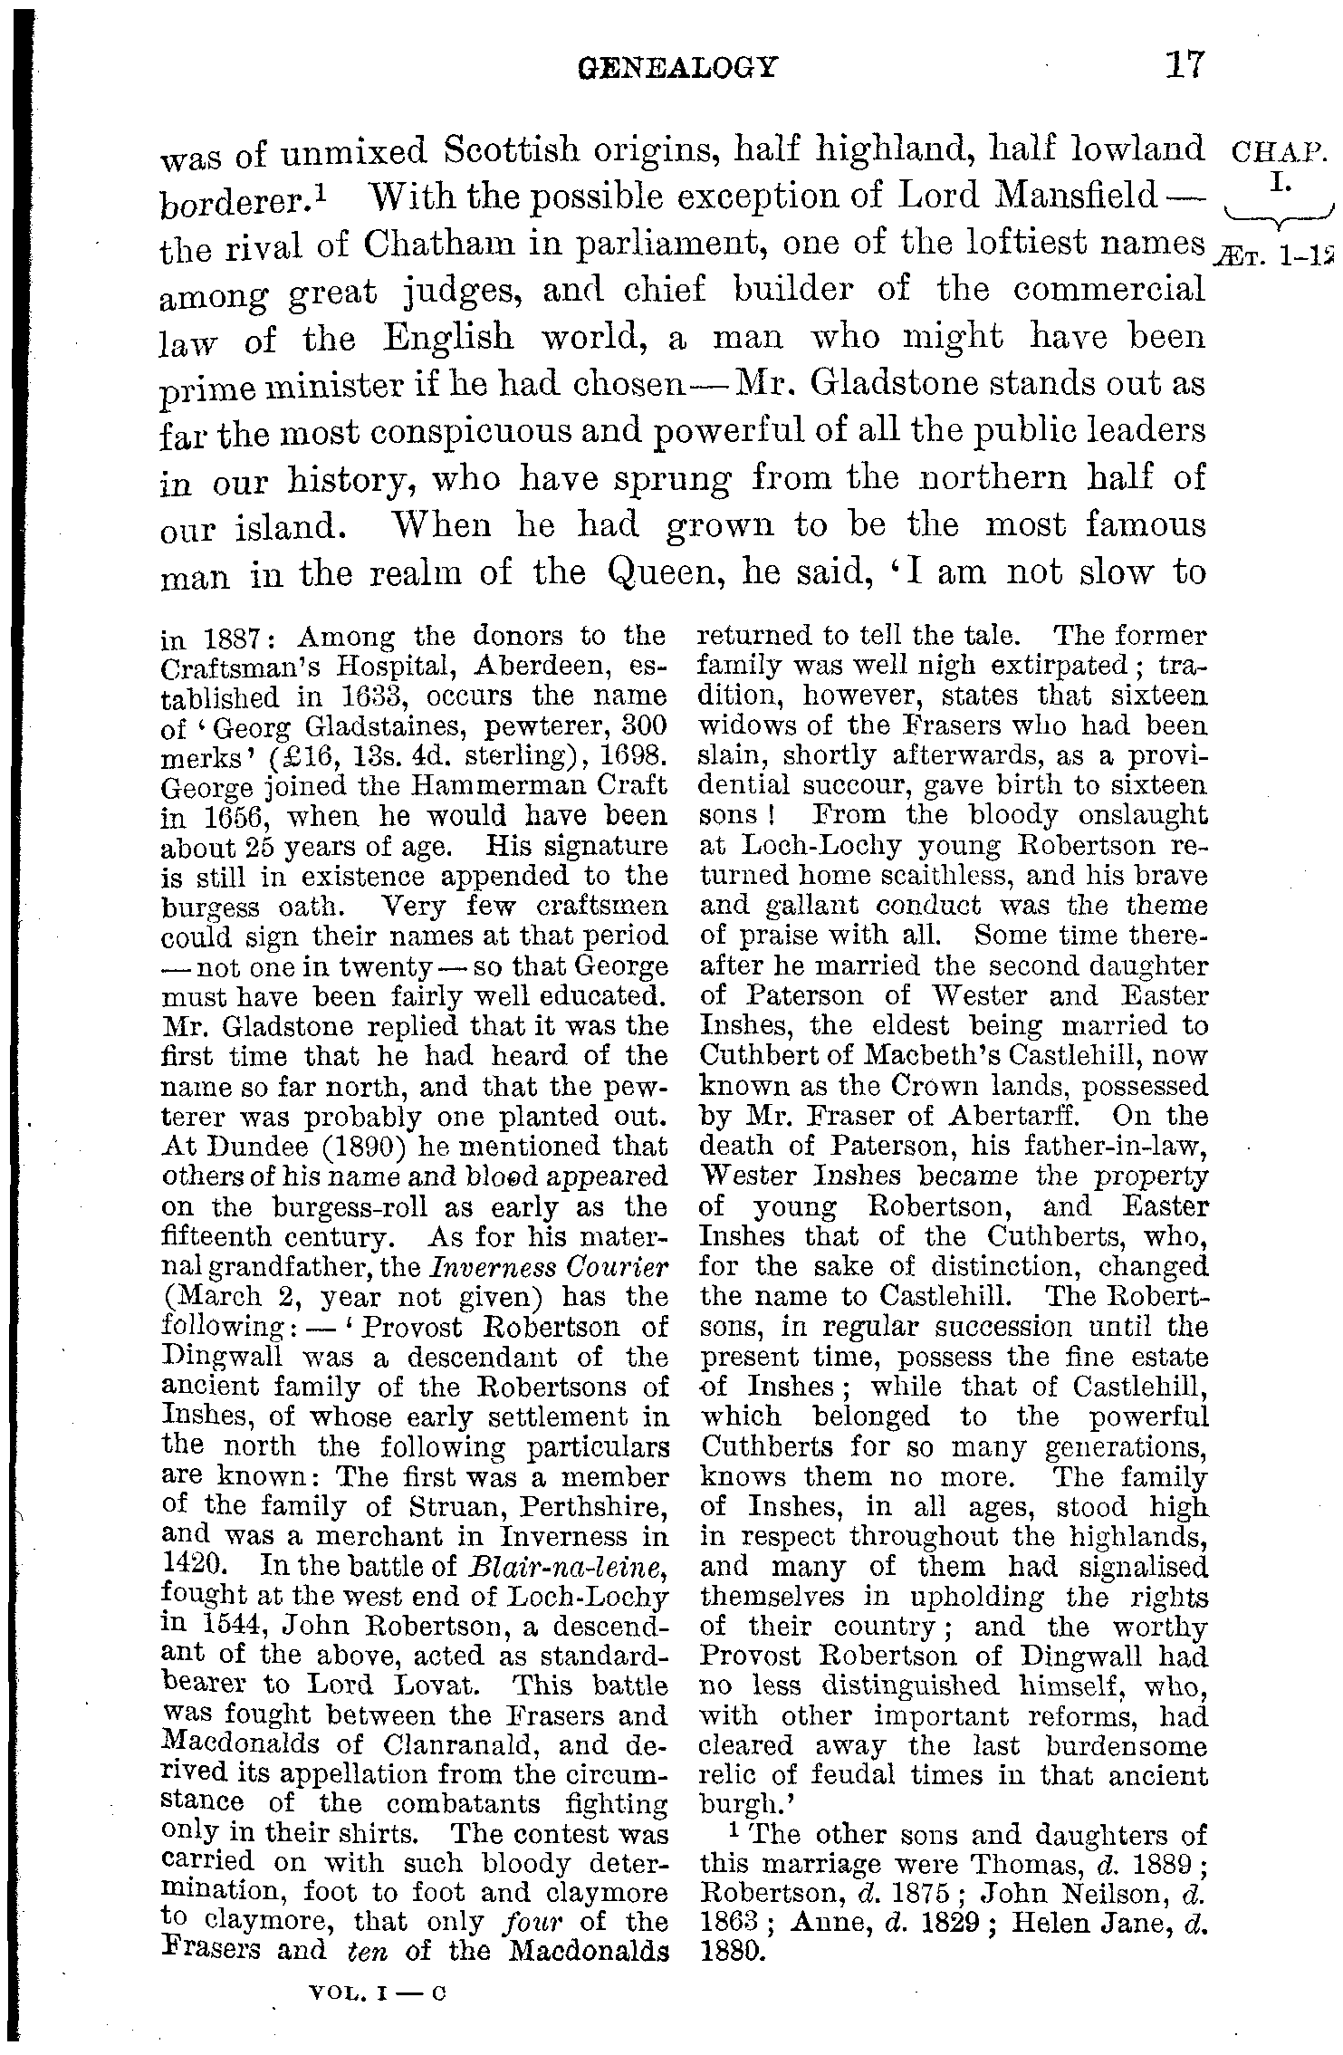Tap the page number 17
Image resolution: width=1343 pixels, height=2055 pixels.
tap(1185, 65)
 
